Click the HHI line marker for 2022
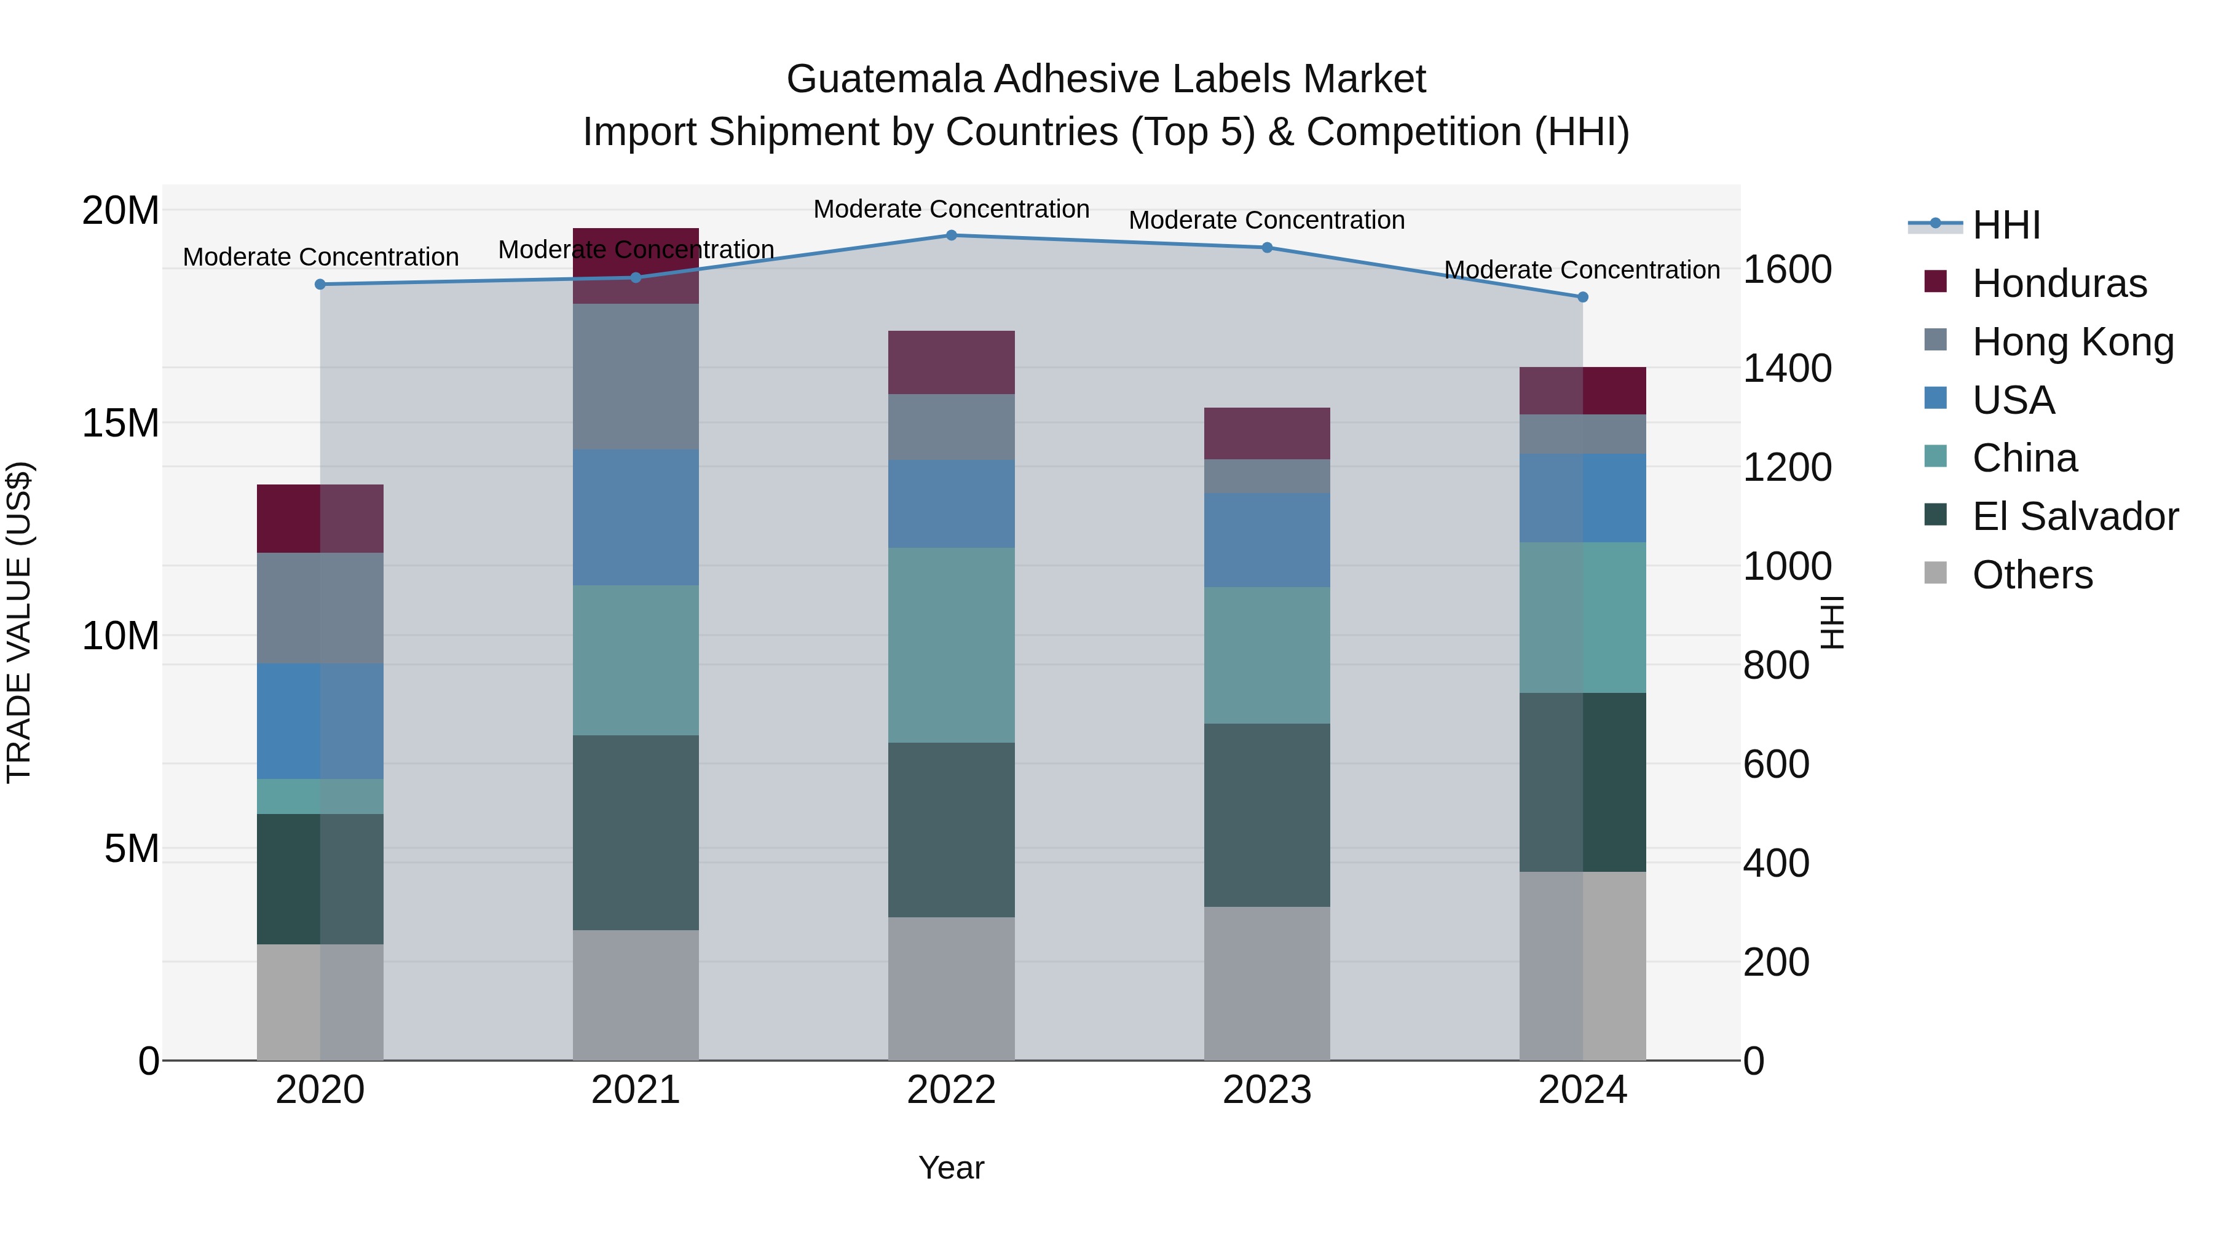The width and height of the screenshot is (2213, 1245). (x=951, y=235)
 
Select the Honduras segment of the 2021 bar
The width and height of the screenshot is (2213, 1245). (x=636, y=266)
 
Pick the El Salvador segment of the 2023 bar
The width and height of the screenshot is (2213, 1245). (x=1266, y=815)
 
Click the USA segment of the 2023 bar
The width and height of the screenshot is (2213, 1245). (x=1266, y=540)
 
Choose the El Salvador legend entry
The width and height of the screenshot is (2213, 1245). (x=2074, y=516)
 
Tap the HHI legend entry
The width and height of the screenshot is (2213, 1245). (x=2005, y=225)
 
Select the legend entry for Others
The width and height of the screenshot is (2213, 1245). (x=2032, y=575)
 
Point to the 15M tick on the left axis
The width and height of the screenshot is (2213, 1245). (x=120, y=423)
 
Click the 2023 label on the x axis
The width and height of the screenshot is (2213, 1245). (x=1266, y=1090)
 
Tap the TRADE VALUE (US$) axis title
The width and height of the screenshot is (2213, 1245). (x=19, y=622)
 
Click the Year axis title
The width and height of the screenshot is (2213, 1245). (x=951, y=1168)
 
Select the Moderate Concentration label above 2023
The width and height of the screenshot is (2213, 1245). (x=1266, y=220)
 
